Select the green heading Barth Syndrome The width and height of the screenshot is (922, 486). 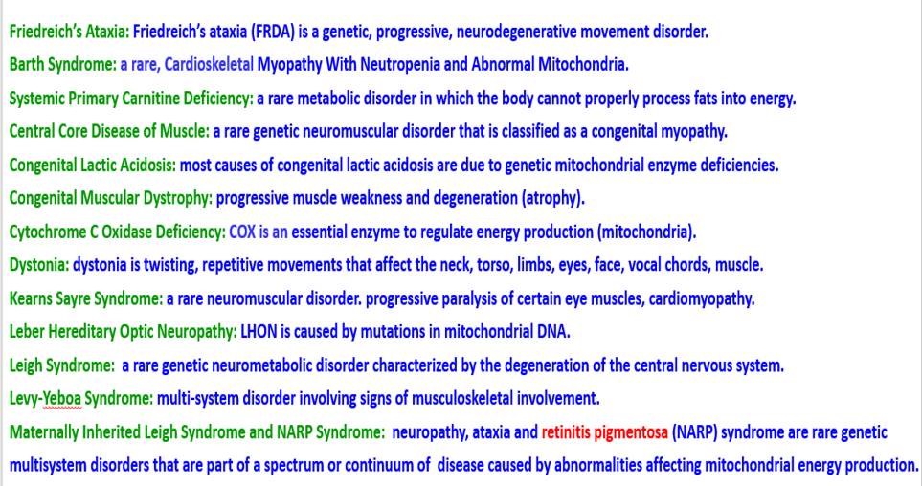(x=63, y=64)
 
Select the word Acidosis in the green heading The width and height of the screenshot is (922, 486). (x=146, y=166)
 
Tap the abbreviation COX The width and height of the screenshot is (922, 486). (x=242, y=232)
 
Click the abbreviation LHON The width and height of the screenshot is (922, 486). (x=259, y=331)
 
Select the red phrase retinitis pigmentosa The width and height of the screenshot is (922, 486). (x=604, y=432)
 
